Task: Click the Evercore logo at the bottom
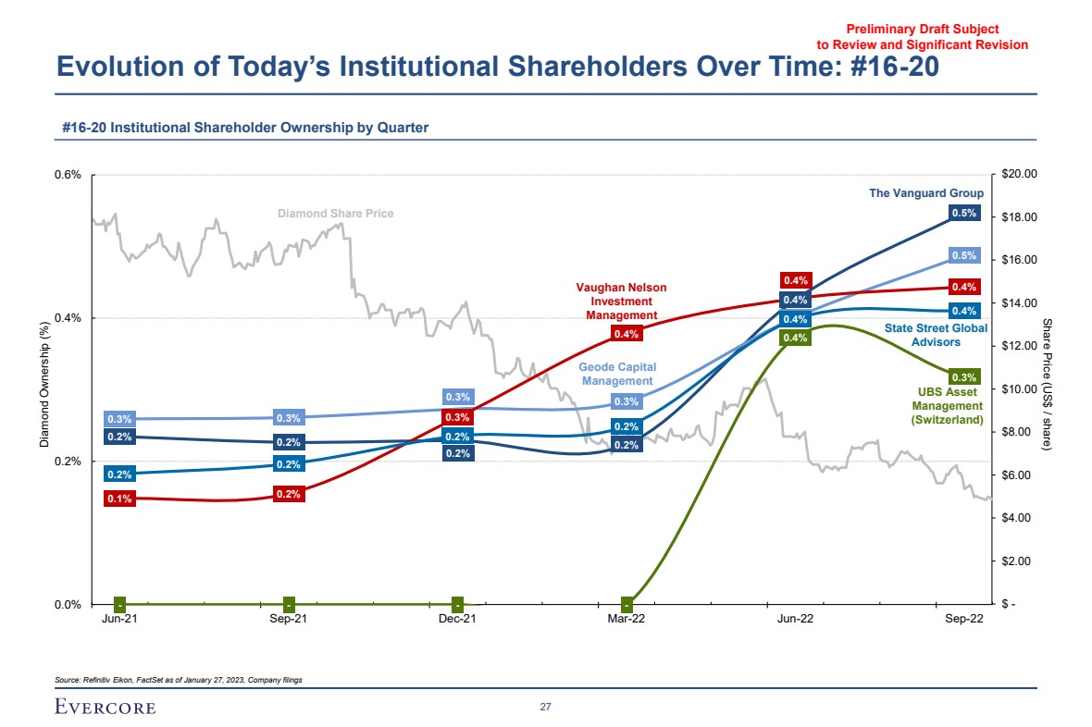(105, 708)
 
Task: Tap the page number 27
(545, 708)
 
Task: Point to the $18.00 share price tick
(1020, 217)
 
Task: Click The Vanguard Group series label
(925, 193)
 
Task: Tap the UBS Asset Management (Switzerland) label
(947, 406)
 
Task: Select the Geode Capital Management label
(617, 374)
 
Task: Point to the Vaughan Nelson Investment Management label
(621, 302)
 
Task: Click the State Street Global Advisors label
(936, 335)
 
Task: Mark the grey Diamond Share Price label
(336, 214)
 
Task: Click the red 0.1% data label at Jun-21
(120, 499)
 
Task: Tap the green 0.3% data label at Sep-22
(964, 376)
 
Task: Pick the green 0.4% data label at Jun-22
(795, 338)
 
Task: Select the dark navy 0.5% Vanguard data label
(964, 213)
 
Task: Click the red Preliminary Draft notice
(922, 37)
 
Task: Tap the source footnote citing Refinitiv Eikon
(179, 680)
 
